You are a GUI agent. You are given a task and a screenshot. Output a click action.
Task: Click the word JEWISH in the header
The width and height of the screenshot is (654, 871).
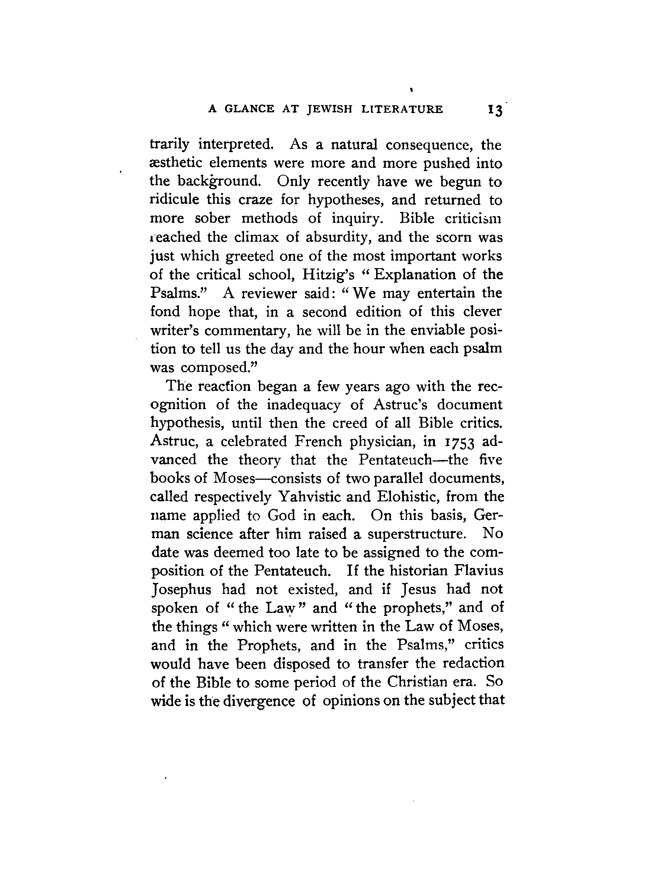(x=329, y=109)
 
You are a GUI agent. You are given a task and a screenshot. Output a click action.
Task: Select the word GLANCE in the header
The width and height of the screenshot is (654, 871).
(x=249, y=109)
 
